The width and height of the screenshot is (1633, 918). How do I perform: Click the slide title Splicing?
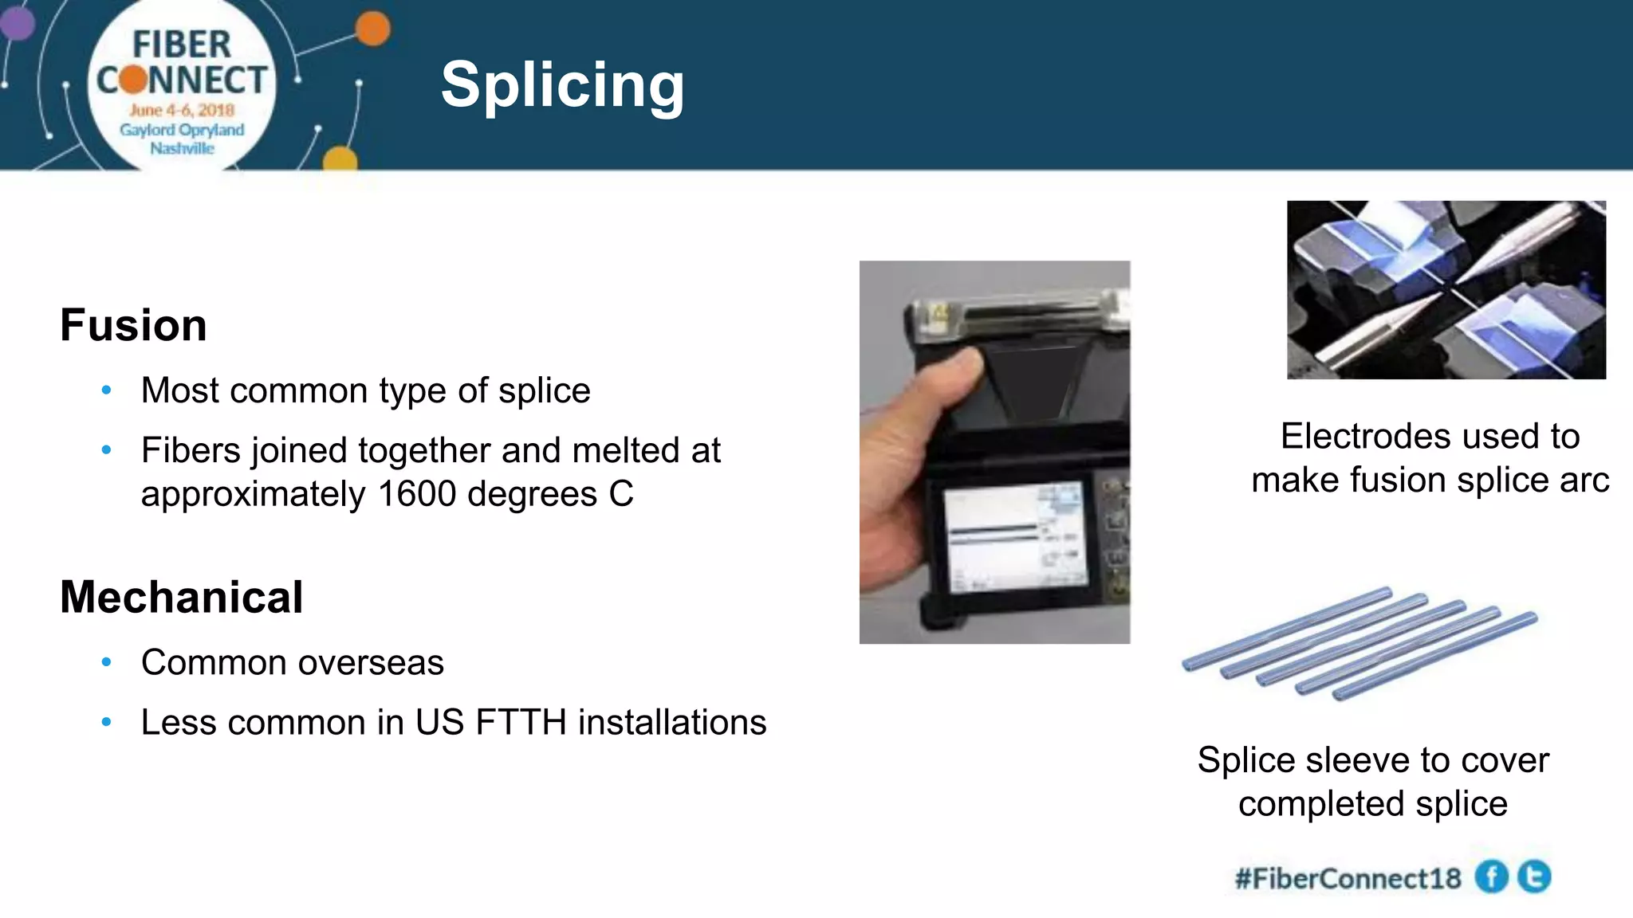click(562, 84)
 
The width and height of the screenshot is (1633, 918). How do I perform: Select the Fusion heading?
click(133, 325)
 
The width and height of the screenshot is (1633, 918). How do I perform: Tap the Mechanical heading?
click(181, 597)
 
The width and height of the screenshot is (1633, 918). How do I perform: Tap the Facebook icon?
click(1491, 877)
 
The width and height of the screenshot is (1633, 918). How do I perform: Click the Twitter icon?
click(1534, 877)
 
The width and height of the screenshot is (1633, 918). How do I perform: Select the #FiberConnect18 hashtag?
click(1348, 878)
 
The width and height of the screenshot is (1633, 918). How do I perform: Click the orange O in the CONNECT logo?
click(133, 80)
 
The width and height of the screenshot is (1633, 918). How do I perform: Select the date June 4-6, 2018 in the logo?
click(182, 110)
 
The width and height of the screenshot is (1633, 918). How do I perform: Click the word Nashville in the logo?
click(182, 148)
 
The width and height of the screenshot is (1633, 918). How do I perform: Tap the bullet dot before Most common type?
click(107, 390)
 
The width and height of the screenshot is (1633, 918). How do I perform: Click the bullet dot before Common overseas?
click(107, 662)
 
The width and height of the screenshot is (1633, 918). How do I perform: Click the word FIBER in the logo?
click(182, 45)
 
